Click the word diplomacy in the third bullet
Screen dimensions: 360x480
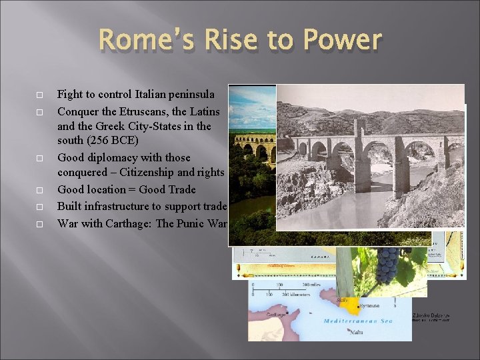click(110, 158)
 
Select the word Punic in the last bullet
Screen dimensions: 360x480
click(192, 222)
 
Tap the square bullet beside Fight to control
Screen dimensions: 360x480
click(39, 95)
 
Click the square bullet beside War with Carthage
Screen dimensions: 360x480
click(39, 223)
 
